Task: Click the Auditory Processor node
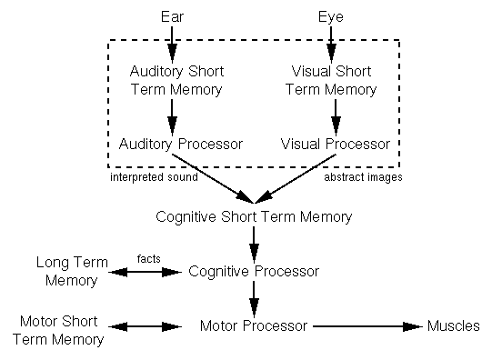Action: click(168, 144)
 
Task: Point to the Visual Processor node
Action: click(336, 144)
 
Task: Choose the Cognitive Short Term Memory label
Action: click(254, 217)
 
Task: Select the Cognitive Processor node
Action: click(254, 271)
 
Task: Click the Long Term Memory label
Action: click(66, 271)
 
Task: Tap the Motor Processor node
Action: click(255, 325)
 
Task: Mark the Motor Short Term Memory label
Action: click(61, 331)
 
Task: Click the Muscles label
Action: click(453, 325)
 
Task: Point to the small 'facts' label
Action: click(148, 259)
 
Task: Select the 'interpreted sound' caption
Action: click(153, 177)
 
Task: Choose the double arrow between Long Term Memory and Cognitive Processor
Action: click(146, 271)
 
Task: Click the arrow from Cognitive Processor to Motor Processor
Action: click(254, 298)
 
